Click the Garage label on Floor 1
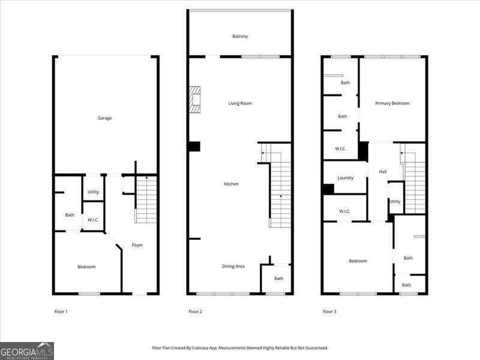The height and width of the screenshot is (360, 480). (105, 118)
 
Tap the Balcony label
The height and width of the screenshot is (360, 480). (240, 37)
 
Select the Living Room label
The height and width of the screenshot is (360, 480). (240, 104)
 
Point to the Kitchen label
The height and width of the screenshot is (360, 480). (231, 184)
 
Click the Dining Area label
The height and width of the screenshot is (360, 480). (233, 266)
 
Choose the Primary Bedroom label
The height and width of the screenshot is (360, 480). (392, 103)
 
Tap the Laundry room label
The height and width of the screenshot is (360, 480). (345, 178)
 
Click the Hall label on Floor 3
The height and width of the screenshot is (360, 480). (383, 172)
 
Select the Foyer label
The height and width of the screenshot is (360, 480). (137, 245)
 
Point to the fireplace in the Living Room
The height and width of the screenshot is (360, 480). (194, 100)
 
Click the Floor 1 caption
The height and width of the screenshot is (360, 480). (61, 311)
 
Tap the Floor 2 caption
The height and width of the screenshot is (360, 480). (195, 311)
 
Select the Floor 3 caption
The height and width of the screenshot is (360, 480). (329, 311)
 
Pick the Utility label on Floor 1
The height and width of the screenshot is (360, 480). (93, 192)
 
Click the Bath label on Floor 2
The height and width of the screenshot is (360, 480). (279, 278)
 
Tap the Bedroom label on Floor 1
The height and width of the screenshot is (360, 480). (86, 266)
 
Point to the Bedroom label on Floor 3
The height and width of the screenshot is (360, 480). (358, 261)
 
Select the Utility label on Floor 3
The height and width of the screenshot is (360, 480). (395, 202)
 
